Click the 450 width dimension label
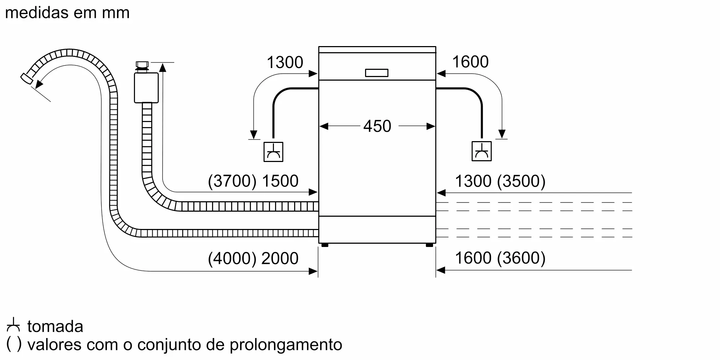tap(377, 126)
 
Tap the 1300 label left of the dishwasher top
tap(285, 62)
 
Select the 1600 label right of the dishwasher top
tap(470, 62)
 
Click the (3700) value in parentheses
tap(232, 181)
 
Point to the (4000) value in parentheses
tap(232, 258)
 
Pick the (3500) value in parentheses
tap(521, 181)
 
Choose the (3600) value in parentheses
tap(521, 258)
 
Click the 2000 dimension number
tap(280, 258)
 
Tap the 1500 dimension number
tap(280, 181)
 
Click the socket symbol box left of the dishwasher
tap(273, 152)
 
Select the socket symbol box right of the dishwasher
tap(482, 151)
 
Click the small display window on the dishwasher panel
tap(377, 73)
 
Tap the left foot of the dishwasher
tap(325, 245)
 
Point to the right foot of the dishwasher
tap(429, 245)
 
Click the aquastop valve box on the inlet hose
tap(146, 88)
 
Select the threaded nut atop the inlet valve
tap(142, 66)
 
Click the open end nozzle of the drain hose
tap(26, 79)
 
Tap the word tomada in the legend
tap(55, 327)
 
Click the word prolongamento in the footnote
tap(286, 345)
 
